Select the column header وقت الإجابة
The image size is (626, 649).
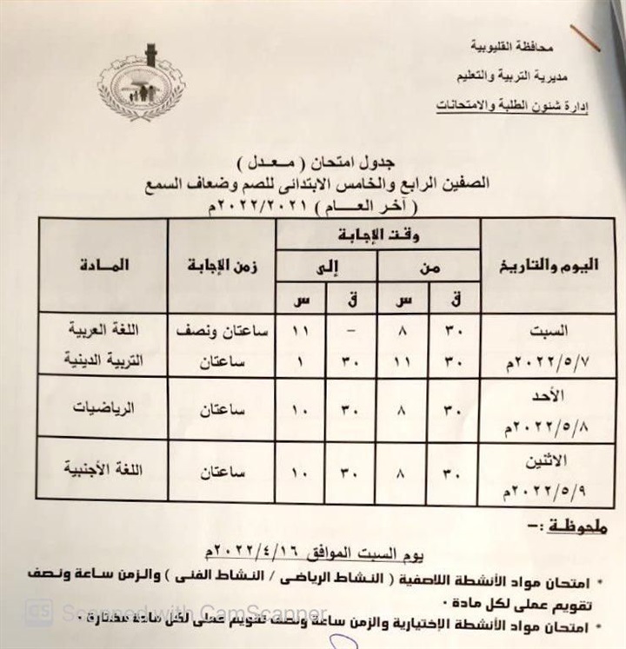(379, 232)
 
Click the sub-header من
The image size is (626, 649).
(428, 267)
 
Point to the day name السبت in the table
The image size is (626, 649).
(549, 331)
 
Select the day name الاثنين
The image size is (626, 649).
(546, 458)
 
